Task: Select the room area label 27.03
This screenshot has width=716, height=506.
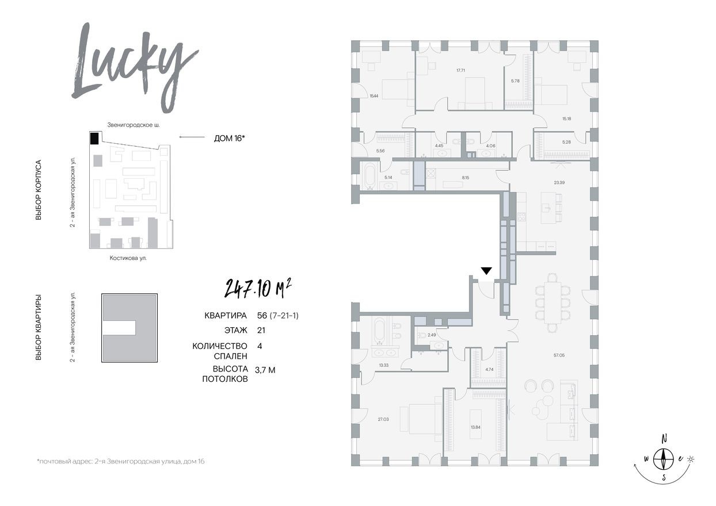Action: tap(367, 419)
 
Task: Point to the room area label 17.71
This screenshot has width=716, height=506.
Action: tap(460, 70)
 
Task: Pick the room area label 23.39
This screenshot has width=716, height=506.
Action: tap(559, 182)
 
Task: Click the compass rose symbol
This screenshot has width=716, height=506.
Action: tap(665, 458)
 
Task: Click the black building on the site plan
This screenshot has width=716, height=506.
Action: tap(94, 139)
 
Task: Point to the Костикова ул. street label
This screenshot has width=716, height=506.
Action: tap(128, 258)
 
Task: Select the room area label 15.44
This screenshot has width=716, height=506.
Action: tap(374, 96)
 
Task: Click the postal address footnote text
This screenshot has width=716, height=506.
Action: tap(120, 461)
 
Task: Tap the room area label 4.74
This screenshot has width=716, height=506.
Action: tap(489, 370)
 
